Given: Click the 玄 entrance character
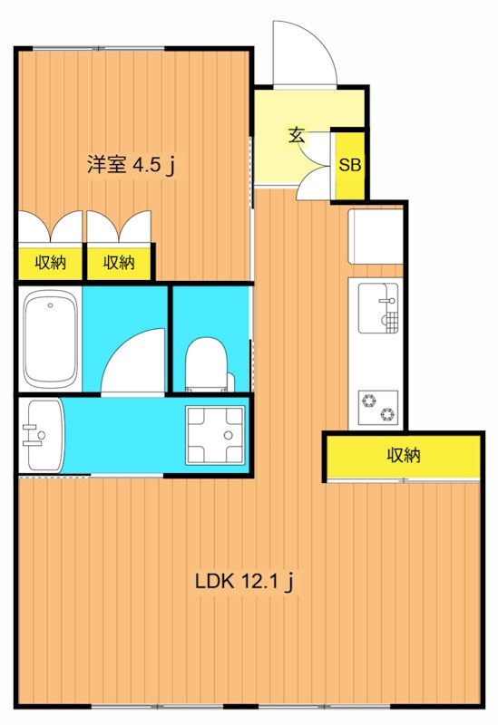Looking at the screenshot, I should point(297,136).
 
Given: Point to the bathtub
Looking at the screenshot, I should point(50,337).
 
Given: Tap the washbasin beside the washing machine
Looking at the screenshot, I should point(41,435).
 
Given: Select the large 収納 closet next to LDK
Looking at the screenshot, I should point(403,456).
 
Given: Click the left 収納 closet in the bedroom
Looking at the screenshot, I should point(50,263).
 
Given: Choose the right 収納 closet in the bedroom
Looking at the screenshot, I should point(119,263).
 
